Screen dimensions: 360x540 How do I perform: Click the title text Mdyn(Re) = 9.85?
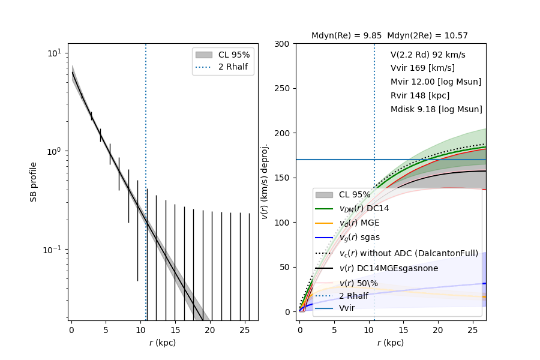click(346, 36)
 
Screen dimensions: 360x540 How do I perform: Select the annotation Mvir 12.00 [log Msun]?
click(436, 82)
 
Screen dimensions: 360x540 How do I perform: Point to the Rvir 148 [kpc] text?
click(420, 95)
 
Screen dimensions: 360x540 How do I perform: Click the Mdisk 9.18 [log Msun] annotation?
click(436, 109)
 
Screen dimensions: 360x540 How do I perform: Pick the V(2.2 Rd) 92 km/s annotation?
click(428, 54)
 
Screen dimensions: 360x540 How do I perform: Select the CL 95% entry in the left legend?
click(234, 55)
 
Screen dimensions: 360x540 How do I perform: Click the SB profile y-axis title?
click(34, 181)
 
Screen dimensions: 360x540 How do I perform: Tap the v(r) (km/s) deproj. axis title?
click(265, 181)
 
